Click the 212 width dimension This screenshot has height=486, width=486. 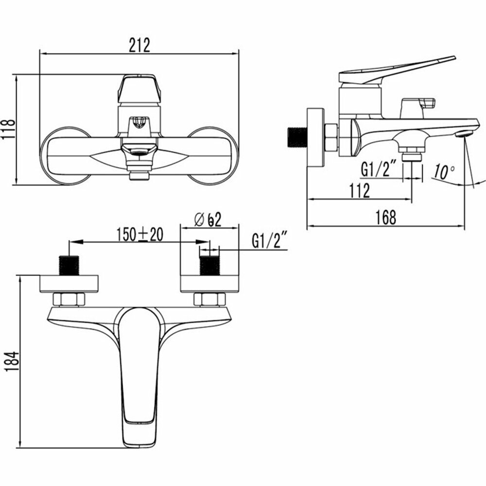[x=139, y=45]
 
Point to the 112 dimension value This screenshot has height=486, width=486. [x=359, y=191]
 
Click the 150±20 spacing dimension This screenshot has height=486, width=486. [x=139, y=235]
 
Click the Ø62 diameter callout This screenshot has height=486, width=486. [x=208, y=220]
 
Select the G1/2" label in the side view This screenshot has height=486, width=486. [x=381, y=170]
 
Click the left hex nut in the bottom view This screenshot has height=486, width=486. [x=68, y=299]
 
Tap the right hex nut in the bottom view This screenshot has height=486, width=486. [x=209, y=299]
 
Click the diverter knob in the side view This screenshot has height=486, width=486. [x=417, y=105]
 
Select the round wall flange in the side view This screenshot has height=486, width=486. [x=315, y=138]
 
